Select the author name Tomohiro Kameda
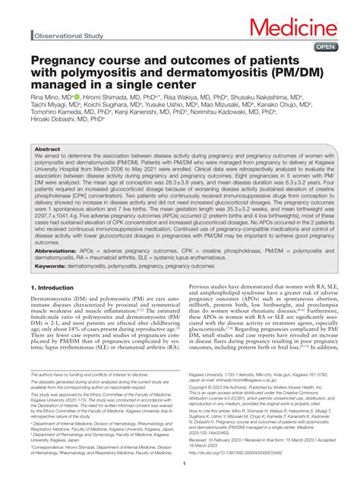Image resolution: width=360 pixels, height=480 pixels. tap(65, 129)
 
